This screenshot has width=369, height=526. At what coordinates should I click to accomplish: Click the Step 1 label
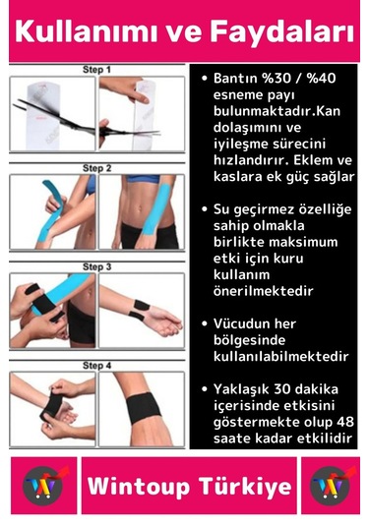click(96, 71)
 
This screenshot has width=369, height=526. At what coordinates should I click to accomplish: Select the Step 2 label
click(96, 168)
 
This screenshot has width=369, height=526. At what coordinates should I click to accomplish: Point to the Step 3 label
click(96, 266)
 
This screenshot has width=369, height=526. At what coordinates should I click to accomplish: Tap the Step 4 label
click(96, 366)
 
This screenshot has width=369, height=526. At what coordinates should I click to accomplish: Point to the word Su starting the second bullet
click(222, 208)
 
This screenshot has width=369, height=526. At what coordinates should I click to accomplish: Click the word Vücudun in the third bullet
click(246, 323)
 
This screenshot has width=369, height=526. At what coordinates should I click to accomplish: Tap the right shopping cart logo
click(329, 486)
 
